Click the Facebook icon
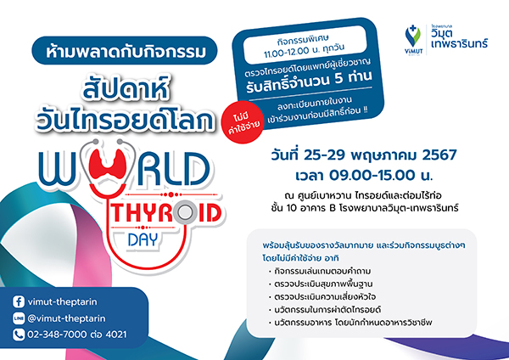pos(19,302)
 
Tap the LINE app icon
pos(19,318)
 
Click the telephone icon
pos(19,335)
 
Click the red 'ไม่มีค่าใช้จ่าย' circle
pos(243,122)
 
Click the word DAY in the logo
pos(143,240)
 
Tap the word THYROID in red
pos(166,213)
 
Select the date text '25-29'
pos(324,155)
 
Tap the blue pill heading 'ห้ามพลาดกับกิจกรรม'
pos(125,51)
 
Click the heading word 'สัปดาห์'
pos(126,87)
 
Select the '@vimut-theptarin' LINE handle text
pos(66,318)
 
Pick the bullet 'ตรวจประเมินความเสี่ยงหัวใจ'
pos(325,296)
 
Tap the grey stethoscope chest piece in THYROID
pos(185,213)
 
